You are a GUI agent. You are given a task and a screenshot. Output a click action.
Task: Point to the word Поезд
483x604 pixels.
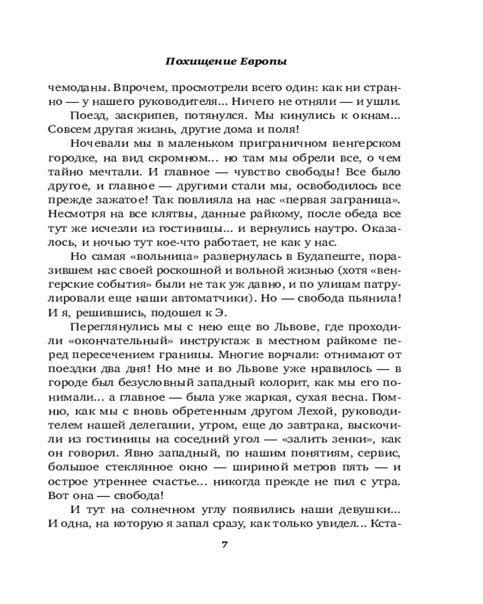87,115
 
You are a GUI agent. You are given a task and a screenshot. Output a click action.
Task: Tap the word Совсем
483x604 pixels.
66,129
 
